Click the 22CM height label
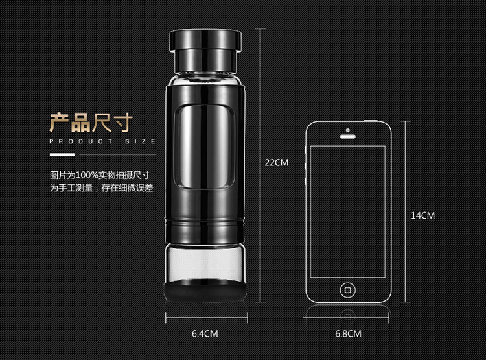277,162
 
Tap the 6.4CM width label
205,333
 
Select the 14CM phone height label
422,215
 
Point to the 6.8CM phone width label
348,333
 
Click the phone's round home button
348,290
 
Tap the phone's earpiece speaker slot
348,137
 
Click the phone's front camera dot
348,130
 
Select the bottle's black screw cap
205,51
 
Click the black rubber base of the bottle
205,291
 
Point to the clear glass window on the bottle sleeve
205,147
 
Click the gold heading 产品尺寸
91,123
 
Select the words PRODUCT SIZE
102,141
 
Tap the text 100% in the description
87,175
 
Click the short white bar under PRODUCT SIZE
62,154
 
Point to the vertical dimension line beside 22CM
260,165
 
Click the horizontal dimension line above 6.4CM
207,318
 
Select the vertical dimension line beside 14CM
405,211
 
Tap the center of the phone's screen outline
348,211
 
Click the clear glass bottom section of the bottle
205,262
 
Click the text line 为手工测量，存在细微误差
101,187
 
